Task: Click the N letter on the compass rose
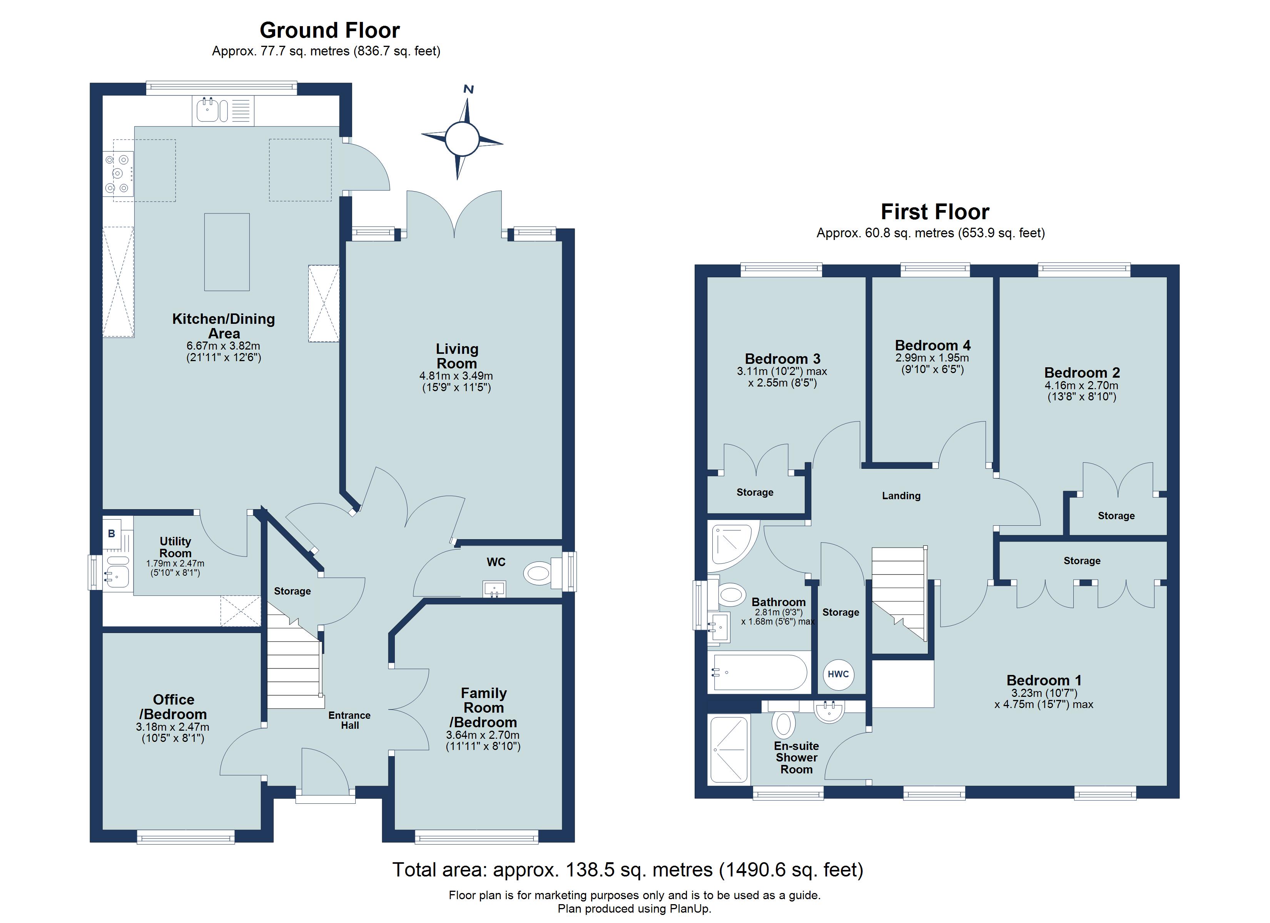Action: (469, 89)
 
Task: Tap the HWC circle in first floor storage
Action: (838, 674)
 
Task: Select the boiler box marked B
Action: (112, 533)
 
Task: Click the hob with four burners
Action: (118, 173)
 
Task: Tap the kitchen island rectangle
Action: (227, 252)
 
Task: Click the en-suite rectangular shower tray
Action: (729, 750)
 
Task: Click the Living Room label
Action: (457, 356)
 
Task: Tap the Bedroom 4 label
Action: (932, 345)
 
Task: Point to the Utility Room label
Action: (175, 547)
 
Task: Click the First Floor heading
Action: (934, 212)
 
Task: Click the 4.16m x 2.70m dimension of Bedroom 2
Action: (1081, 385)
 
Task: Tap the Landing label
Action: (901, 495)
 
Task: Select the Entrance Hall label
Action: (349, 720)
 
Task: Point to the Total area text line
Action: (627, 869)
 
